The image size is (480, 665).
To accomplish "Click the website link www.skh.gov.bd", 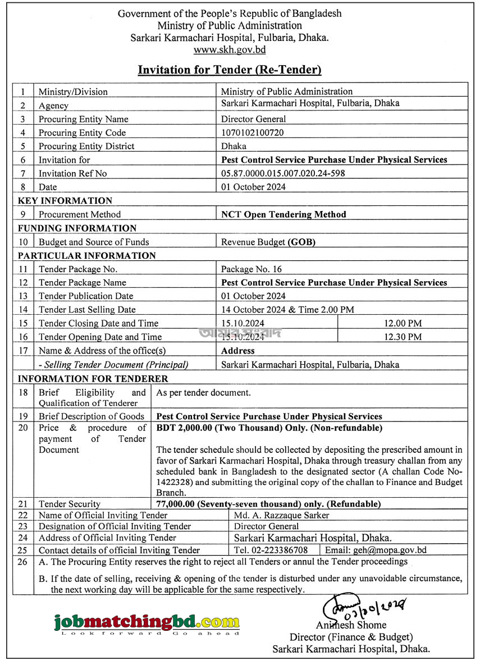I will (230, 50).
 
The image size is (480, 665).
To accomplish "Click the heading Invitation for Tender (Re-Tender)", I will (230, 70).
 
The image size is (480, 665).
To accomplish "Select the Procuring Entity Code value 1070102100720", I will (252, 133).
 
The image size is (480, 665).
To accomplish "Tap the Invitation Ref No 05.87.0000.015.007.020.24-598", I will (283, 173).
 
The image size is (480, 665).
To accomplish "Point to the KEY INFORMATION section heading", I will (65, 201).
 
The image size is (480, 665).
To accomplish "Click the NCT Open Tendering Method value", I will (284, 214).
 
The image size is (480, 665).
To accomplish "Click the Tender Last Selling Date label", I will (87, 310).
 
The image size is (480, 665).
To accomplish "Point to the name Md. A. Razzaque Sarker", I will (281, 515).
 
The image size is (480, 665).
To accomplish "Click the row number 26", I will (22, 562).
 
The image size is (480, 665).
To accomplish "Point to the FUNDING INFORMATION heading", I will (77, 228).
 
